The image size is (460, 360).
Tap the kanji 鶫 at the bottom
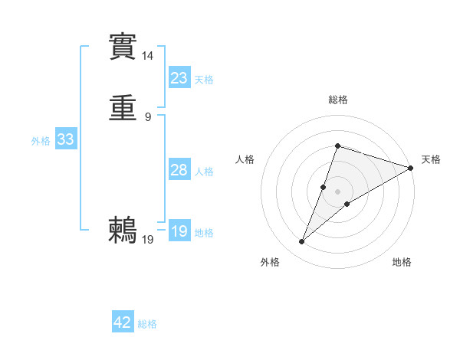[123, 230]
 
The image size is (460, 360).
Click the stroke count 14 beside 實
[148, 55]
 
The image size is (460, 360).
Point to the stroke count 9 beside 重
[148, 117]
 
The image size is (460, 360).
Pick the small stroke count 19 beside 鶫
[148, 240]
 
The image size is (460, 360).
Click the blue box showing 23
[179, 78]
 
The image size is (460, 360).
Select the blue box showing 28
[179, 170]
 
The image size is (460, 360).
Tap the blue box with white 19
[179, 231]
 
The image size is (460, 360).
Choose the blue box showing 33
[65, 139]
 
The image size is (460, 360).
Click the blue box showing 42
[123, 322]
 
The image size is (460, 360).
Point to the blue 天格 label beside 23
[204, 80]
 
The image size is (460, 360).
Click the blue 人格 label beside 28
[204, 172]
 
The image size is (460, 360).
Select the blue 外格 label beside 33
[41, 141]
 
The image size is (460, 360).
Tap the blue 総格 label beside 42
[147, 324]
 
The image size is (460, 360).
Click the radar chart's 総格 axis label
[337, 100]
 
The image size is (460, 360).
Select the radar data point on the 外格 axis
[302, 242]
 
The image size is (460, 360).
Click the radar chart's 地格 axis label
[402, 263]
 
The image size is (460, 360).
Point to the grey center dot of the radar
[337, 191]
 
